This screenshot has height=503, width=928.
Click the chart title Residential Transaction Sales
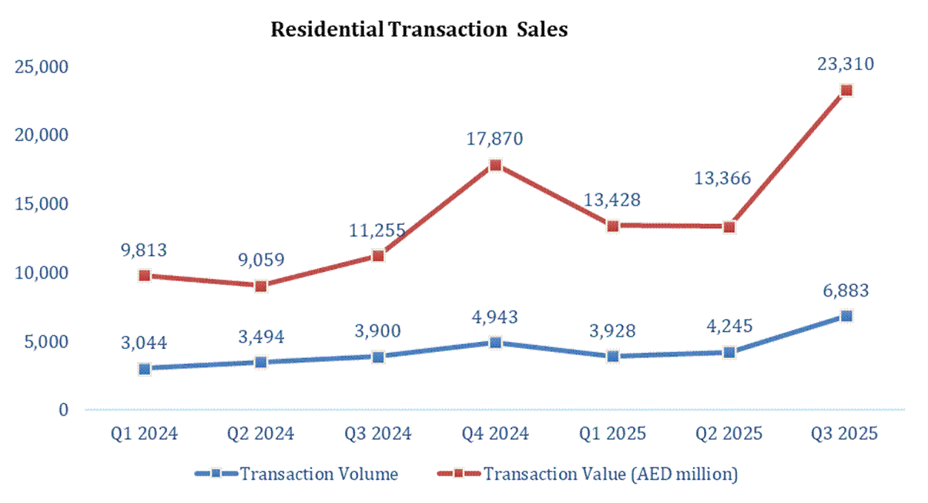click(419, 30)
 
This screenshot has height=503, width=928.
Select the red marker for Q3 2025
click(846, 90)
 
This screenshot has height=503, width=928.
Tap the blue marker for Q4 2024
click(495, 342)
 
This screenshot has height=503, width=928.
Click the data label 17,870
click(495, 139)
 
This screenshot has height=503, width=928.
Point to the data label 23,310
click(846, 65)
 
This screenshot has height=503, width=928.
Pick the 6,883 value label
click(846, 291)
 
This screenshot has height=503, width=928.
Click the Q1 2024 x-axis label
click(144, 434)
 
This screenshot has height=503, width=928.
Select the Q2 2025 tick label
click(729, 434)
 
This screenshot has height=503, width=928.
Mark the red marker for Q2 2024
click(261, 286)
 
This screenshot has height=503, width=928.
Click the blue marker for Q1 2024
click(144, 368)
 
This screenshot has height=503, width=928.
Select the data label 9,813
click(144, 250)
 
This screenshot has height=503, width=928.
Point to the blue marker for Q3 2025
click(846, 316)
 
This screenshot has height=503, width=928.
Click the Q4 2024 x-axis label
click(495, 434)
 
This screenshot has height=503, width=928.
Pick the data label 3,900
click(378, 331)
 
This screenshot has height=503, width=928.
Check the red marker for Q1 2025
click(612, 226)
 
